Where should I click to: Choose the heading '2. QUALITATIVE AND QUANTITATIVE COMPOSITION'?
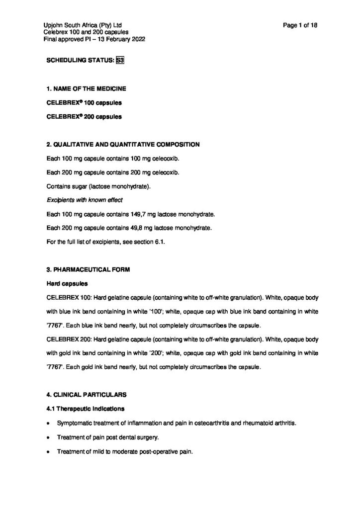(123, 145)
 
